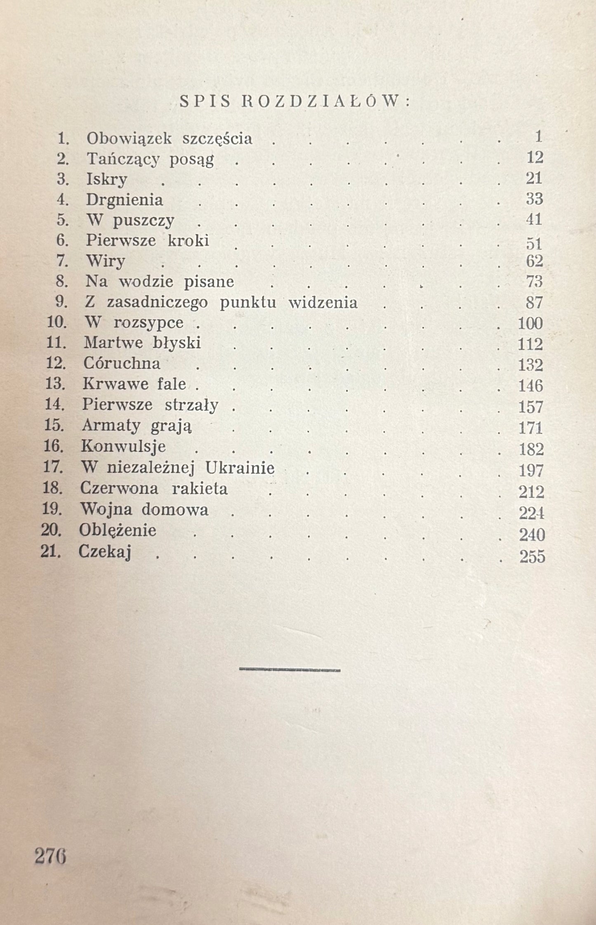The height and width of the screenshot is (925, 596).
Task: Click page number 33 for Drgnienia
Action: click(x=534, y=199)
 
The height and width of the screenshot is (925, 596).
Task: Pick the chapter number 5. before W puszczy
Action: click(x=63, y=220)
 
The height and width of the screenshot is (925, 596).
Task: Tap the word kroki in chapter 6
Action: click(x=188, y=240)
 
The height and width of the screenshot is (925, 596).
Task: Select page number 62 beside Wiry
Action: click(x=534, y=261)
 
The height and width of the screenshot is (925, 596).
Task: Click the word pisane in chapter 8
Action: click(x=214, y=282)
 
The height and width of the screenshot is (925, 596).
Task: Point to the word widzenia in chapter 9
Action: click(x=323, y=303)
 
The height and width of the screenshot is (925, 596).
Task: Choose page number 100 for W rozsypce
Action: click(x=530, y=323)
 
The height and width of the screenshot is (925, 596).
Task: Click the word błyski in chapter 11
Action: click(x=177, y=343)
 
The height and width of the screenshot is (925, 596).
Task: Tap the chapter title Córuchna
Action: click(x=122, y=363)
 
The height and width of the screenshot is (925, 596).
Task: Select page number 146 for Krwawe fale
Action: click(x=530, y=386)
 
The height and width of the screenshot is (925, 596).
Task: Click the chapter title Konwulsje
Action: click(x=123, y=446)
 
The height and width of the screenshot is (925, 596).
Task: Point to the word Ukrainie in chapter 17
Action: click(x=240, y=468)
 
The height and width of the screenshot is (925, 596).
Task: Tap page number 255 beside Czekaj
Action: click(x=532, y=557)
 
